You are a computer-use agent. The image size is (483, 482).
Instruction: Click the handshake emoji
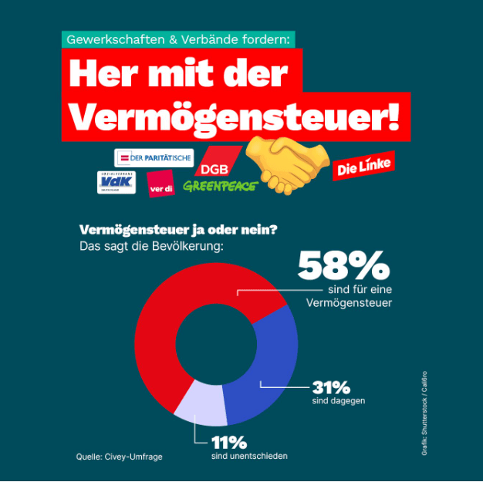click(286, 164)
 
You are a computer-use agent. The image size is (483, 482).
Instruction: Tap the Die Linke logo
click(363, 166)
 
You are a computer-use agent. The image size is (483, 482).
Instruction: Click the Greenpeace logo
click(220, 186)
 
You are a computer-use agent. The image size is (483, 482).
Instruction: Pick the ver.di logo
click(160, 184)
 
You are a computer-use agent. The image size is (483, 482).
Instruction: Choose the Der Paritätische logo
click(154, 158)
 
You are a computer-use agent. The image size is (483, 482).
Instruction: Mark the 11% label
click(229, 443)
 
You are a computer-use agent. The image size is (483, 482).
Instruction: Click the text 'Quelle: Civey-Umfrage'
click(119, 457)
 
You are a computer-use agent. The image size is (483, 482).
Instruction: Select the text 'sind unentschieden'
click(248, 456)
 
